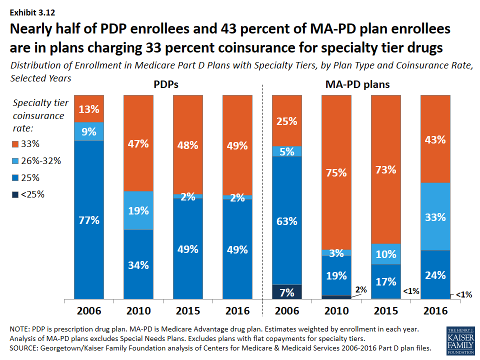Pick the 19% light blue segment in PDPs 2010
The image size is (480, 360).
(x=138, y=210)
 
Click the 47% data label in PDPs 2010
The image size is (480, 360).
(x=138, y=144)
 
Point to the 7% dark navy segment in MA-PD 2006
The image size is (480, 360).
(x=286, y=292)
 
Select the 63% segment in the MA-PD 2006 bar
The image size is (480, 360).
(x=286, y=220)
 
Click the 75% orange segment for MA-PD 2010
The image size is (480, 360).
(x=336, y=172)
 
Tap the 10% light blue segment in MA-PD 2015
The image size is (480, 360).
(x=385, y=254)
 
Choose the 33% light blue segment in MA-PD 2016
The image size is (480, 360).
(x=435, y=216)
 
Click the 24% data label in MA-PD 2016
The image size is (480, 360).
(x=435, y=274)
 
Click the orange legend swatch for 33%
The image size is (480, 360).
(x=16, y=144)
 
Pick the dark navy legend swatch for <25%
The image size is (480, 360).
(x=16, y=194)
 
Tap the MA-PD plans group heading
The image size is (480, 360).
(x=355, y=85)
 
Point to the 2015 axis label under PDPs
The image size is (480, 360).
(x=188, y=310)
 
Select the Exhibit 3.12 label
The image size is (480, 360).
(x=32, y=12)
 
